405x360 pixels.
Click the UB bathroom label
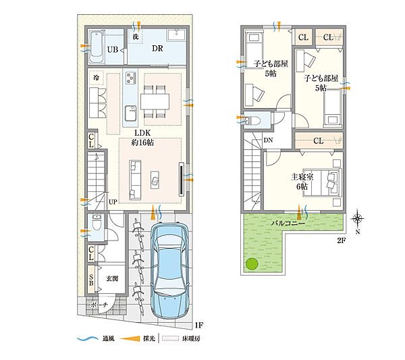[113, 49]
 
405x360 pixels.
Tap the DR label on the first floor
[157, 49]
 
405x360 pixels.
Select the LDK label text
[142, 133]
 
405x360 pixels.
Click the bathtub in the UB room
[97, 47]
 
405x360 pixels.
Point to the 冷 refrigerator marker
[97, 77]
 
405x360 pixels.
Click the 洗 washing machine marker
[136, 36]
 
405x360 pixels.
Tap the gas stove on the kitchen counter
[131, 78]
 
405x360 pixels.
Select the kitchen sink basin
[131, 113]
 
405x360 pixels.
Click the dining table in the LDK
[155, 101]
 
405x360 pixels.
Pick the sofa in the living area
[135, 180]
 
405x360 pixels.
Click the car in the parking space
[169, 271]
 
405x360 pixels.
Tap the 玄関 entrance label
[112, 278]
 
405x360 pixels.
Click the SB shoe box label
[91, 280]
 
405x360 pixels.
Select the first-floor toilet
[97, 222]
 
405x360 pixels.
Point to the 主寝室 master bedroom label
[302, 177]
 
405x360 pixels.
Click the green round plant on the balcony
[252, 265]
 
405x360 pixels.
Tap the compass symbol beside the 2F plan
[358, 219]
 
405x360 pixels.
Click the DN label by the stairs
[268, 140]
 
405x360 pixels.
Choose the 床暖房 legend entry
[181, 338]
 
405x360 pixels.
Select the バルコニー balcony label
[288, 223]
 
